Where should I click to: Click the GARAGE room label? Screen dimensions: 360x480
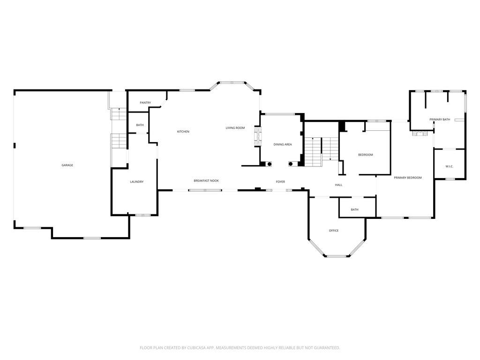click(x=67, y=165)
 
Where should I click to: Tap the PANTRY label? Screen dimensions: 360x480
click(x=145, y=103)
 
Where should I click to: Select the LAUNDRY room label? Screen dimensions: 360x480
click(x=136, y=182)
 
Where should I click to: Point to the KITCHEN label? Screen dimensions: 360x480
click(x=183, y=132)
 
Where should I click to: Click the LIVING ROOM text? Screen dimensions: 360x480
click(x=235, y=128)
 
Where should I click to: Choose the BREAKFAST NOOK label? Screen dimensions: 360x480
click(x=206, y=181)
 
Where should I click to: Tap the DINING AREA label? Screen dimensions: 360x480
click(x=283, y=144)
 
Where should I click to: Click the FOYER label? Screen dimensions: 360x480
click(x=280, y=182)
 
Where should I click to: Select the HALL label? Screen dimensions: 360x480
click(x=338, y=185)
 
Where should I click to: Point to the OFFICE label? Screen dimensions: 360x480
click(x=334, y=231)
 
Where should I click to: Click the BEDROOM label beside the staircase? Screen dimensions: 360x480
click(x=366, y=155)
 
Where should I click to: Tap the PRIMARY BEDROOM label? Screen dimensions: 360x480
click(x=408, y=178)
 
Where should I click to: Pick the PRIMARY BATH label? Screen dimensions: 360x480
click(x=440, y=120)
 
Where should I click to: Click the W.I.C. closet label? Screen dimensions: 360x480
click(x=449, y=166)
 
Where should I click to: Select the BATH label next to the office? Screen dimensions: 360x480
click(x=354, y=210)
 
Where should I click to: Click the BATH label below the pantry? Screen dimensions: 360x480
click(x=140, y=125)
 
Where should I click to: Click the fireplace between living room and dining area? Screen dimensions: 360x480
click(x=257, y=136)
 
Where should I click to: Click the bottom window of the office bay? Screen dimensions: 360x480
click(x=336, y=256)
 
